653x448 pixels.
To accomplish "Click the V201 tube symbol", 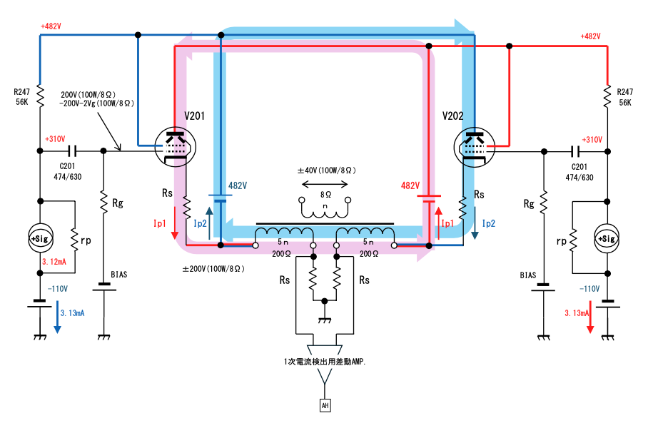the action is pos(175,147).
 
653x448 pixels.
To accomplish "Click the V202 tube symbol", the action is pos(475,148).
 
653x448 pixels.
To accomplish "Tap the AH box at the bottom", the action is pos(325,405).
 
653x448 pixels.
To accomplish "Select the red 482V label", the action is pos(410,185).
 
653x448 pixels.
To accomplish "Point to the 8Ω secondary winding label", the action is pos(325,195).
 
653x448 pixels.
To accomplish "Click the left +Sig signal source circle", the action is pos(41,238).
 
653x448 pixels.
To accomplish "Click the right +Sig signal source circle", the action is pos(607,239).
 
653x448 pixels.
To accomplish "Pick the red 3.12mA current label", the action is pos(54,262).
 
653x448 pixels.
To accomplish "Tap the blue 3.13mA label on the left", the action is pos(73,313).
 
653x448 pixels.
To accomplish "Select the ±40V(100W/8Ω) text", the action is pos(327,170).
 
